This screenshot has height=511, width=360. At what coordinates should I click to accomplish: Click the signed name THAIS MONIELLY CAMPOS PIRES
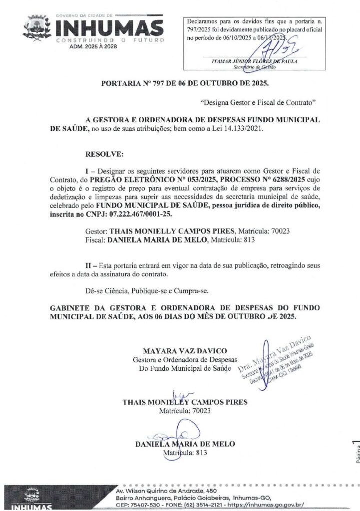click(x=185, y=402)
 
